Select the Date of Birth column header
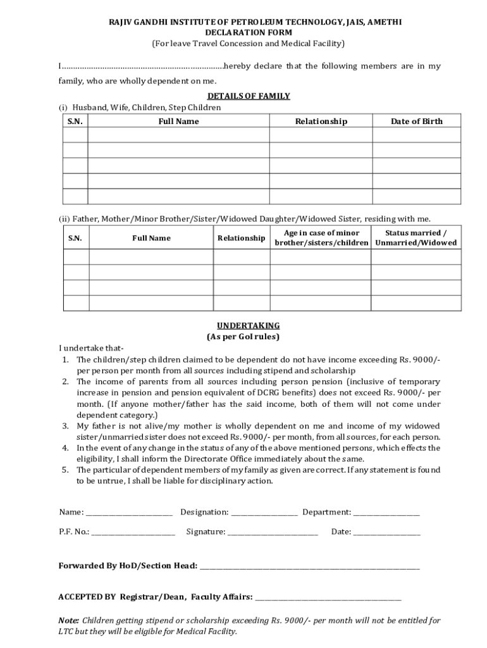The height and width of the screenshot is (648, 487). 416,121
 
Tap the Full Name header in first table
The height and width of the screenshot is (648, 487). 178,121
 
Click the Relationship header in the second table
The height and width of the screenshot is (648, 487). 241,239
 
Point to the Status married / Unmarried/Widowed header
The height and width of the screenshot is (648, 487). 416,238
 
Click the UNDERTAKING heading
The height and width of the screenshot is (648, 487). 244,325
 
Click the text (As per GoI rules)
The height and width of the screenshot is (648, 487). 244,337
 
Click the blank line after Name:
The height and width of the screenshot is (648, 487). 129,512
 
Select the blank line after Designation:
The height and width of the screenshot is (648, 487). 264,512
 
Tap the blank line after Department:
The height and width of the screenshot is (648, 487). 386,512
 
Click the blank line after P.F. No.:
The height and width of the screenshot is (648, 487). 133,532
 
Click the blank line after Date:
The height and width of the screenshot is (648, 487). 386,532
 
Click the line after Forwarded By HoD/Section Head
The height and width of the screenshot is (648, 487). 310,566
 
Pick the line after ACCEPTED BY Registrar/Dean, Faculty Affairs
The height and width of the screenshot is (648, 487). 328,597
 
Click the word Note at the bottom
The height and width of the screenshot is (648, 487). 68,621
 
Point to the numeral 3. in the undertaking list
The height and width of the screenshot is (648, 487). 65,426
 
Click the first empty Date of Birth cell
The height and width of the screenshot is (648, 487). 416,135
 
